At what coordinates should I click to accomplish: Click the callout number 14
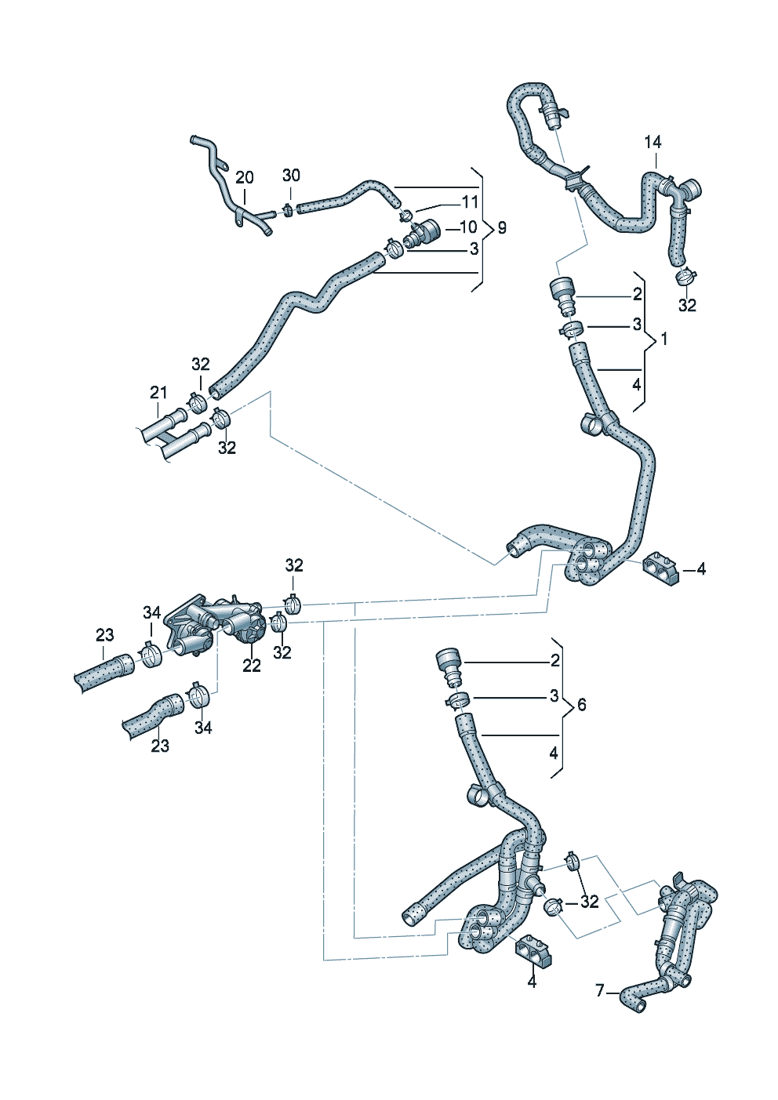pyautogui.click(x=653, y=142)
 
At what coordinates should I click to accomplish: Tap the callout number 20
pyautogui.click(x=245, y=178)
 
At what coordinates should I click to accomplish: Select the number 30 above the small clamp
pyautogui.click(x=291, y=175)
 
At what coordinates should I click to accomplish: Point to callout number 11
pyautogui.click(x=470, y=201)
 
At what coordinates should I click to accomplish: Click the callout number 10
pyautogui.click(x=468, y=227)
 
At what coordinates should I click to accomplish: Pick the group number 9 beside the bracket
pyautogui.click(x=502, y=227)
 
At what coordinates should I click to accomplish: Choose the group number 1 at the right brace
pyautogui.click(x=664, y=339)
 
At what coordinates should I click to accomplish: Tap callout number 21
pyautogui.click(x=159, y=392)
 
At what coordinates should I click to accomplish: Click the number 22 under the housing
pyautogui.click(x=251, y=666)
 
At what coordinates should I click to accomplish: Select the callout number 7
pyautogui.click(x=600, y=991)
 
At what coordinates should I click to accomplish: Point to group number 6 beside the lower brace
pyautogui.click(x=581, y=705)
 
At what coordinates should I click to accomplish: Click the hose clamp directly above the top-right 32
pyautogui.click(x=686, y=276)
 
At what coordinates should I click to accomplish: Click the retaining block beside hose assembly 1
pyautogui.click(x=658, y=568)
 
